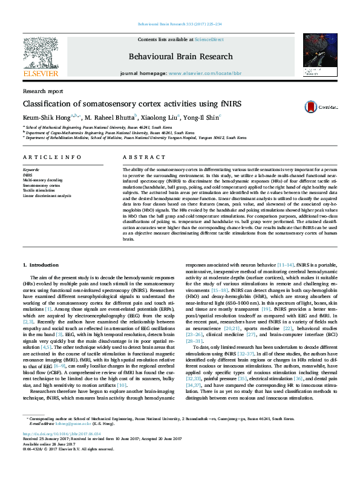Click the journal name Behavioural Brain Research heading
pyautogui.click(x=180, y=56)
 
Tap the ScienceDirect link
pyautogui.click(x=209, y=39)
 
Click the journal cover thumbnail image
pyautogui.click(x=319, y=54)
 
